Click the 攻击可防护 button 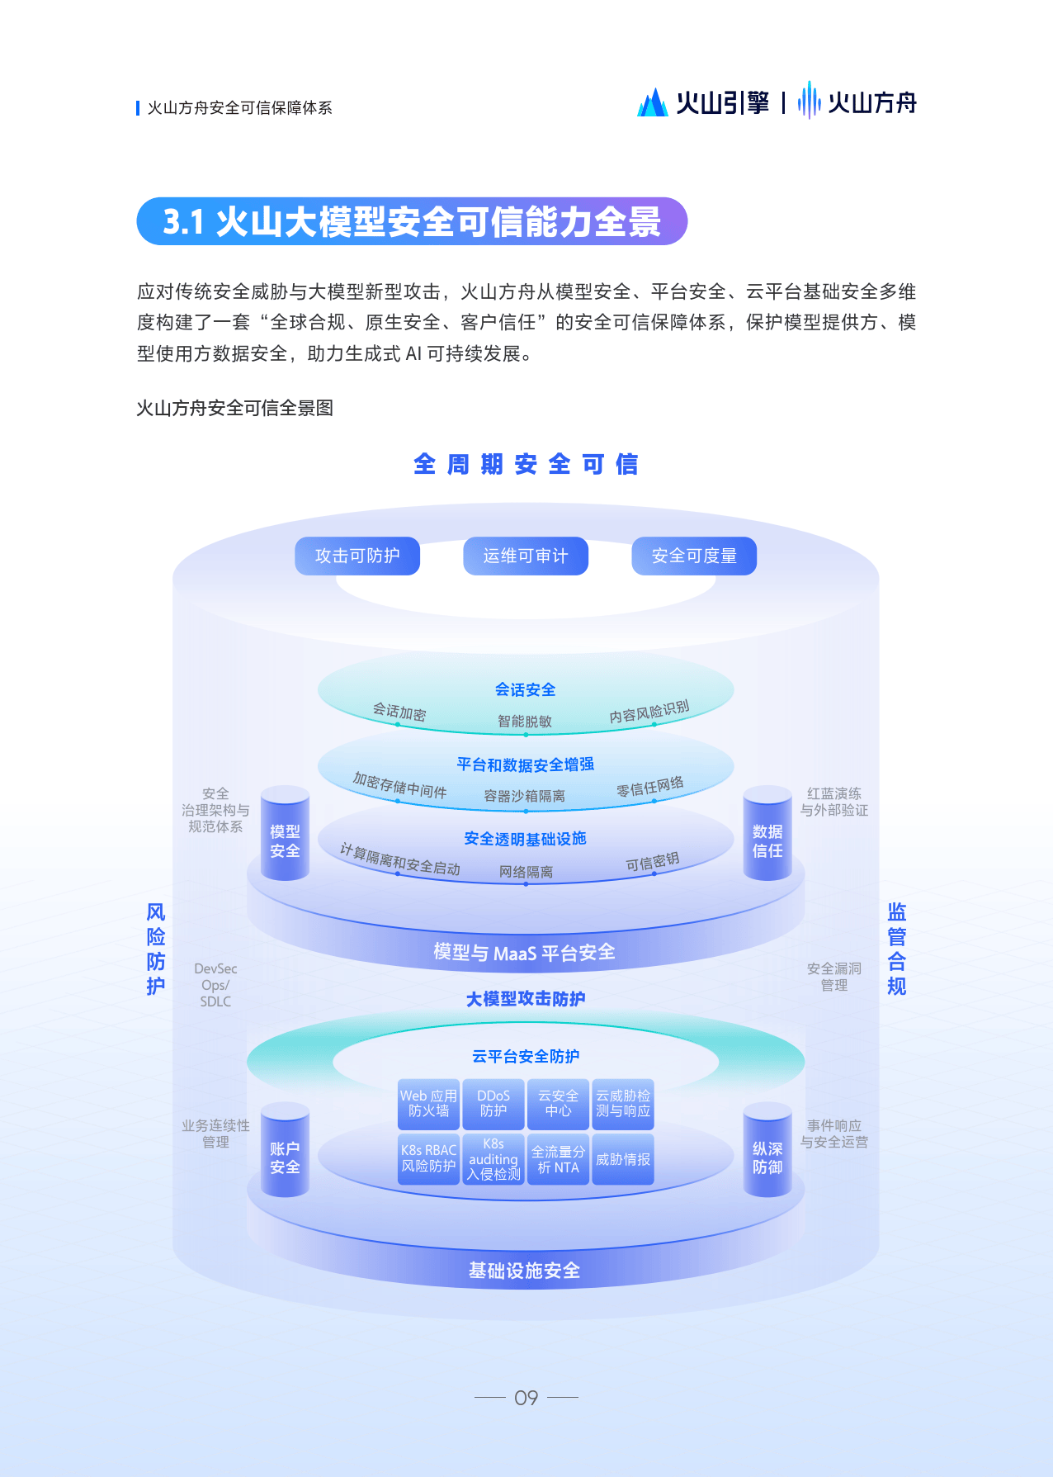357,556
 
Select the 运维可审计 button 526,556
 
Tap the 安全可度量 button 694,556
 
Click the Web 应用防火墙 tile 428,1104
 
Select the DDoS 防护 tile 493,1104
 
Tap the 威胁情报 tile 623,1160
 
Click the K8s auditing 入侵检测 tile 493,1160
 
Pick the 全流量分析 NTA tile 558,1160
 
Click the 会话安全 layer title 526,689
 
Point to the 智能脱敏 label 525,722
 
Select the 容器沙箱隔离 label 525,796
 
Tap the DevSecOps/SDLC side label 215,985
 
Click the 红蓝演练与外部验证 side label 834,802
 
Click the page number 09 526,1398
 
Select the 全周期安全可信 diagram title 526,464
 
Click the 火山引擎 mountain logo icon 653,102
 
